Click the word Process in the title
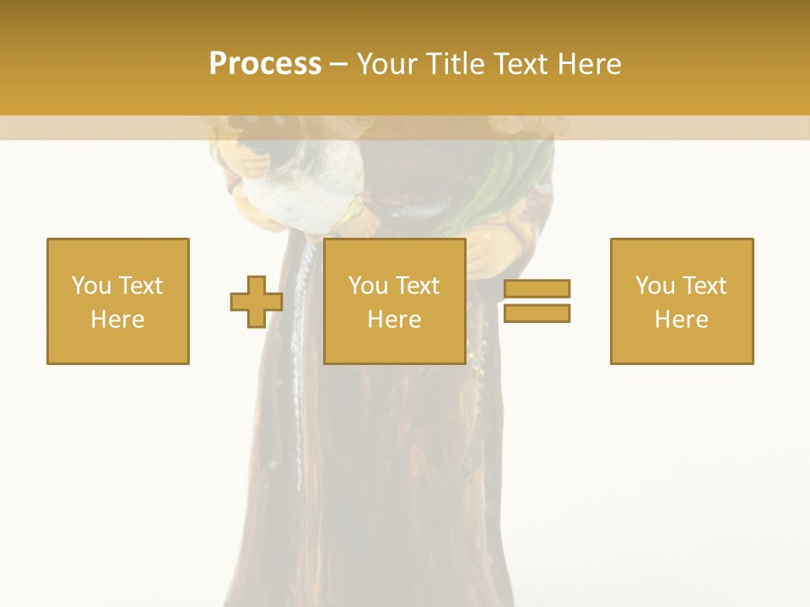tap(265, 64)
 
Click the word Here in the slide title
tap(590, 64)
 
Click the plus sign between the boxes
tap(256, 302)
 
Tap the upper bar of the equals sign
tap(537, 289)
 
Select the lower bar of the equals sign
tap(537, 313)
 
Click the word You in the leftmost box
tap(90, 286)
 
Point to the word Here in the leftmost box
tap(117, 320)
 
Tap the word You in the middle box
tap(368, 286)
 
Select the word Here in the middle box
tap(394, 320)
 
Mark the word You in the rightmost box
tap(655, 286)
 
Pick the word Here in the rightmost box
tap(681, 320)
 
